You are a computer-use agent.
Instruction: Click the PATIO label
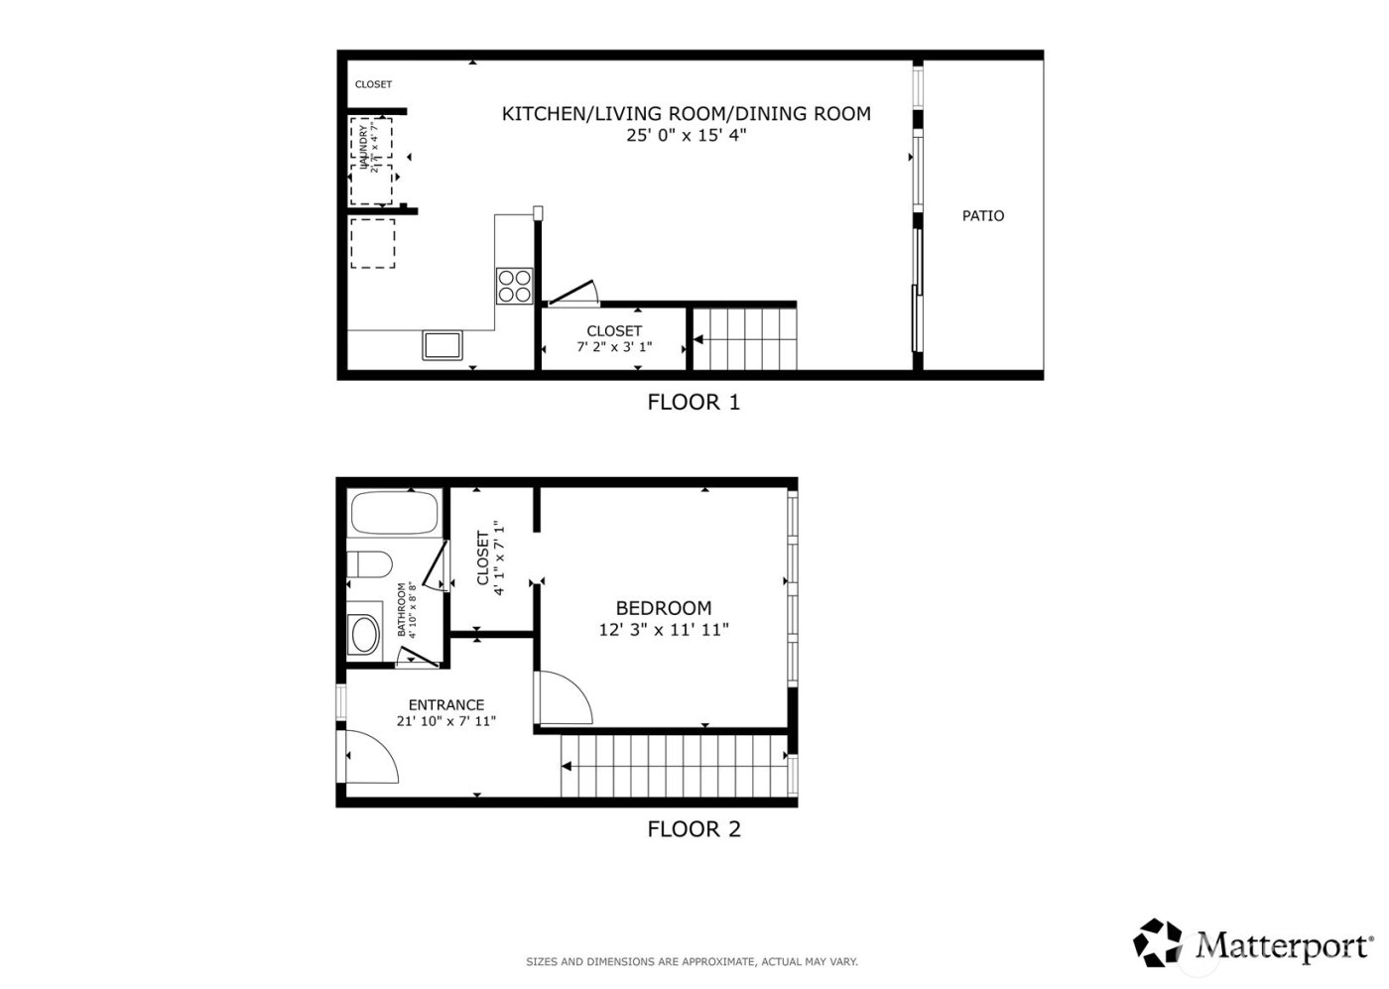click(982, 215)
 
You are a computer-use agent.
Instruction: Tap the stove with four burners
click(514, 286)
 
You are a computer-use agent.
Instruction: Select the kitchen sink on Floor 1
click(442, 345)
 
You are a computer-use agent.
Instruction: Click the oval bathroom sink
click(365, 634)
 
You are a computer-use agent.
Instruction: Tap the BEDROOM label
click(663, 608)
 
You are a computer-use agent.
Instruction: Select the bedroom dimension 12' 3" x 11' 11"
click(663, 629)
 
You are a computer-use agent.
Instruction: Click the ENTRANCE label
click(445, 705)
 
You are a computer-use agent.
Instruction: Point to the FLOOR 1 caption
click(693, 402)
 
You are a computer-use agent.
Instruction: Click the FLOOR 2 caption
click(694, 829)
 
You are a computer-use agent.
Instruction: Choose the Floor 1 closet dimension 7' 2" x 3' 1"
click(614, 347)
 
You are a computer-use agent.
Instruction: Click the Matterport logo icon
click(1163, 942)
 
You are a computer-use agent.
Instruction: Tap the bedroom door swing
click(564, 699)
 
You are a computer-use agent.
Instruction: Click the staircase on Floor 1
click(745, 339)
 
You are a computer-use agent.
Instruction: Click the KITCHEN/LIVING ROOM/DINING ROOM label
click(686, 114)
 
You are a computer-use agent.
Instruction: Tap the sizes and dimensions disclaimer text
click(692, 961)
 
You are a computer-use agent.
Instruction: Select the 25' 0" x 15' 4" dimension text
click(686, 135)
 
